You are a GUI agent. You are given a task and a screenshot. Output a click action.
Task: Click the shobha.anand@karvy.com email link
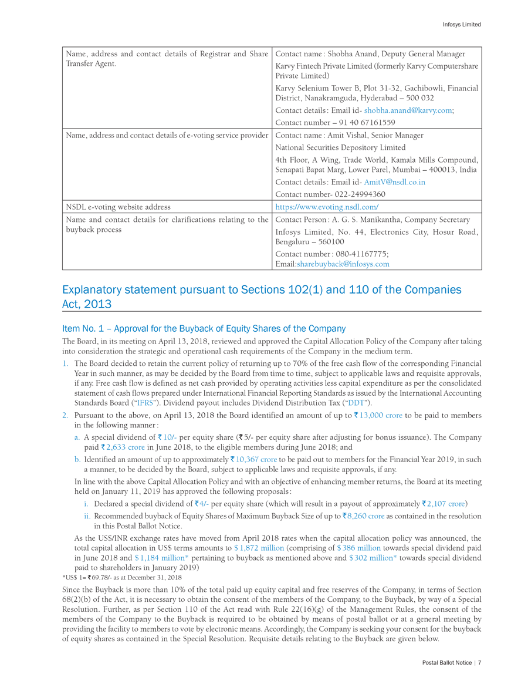(408, 110)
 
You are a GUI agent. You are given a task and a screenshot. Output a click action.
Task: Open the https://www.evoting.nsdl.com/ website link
(327, 207)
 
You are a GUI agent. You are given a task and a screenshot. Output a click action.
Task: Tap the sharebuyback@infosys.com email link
(343, 264)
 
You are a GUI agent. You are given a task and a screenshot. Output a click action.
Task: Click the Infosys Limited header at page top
(462, 25)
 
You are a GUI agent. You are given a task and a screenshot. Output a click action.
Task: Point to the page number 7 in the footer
(479, 663)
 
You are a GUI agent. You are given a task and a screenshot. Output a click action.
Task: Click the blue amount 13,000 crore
(381, 415)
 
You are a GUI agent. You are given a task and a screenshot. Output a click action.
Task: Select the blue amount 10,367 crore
(256, 459)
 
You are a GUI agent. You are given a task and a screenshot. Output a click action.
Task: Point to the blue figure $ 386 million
(358, 548)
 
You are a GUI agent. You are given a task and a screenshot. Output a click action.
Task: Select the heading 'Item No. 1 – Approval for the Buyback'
(204, 329)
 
